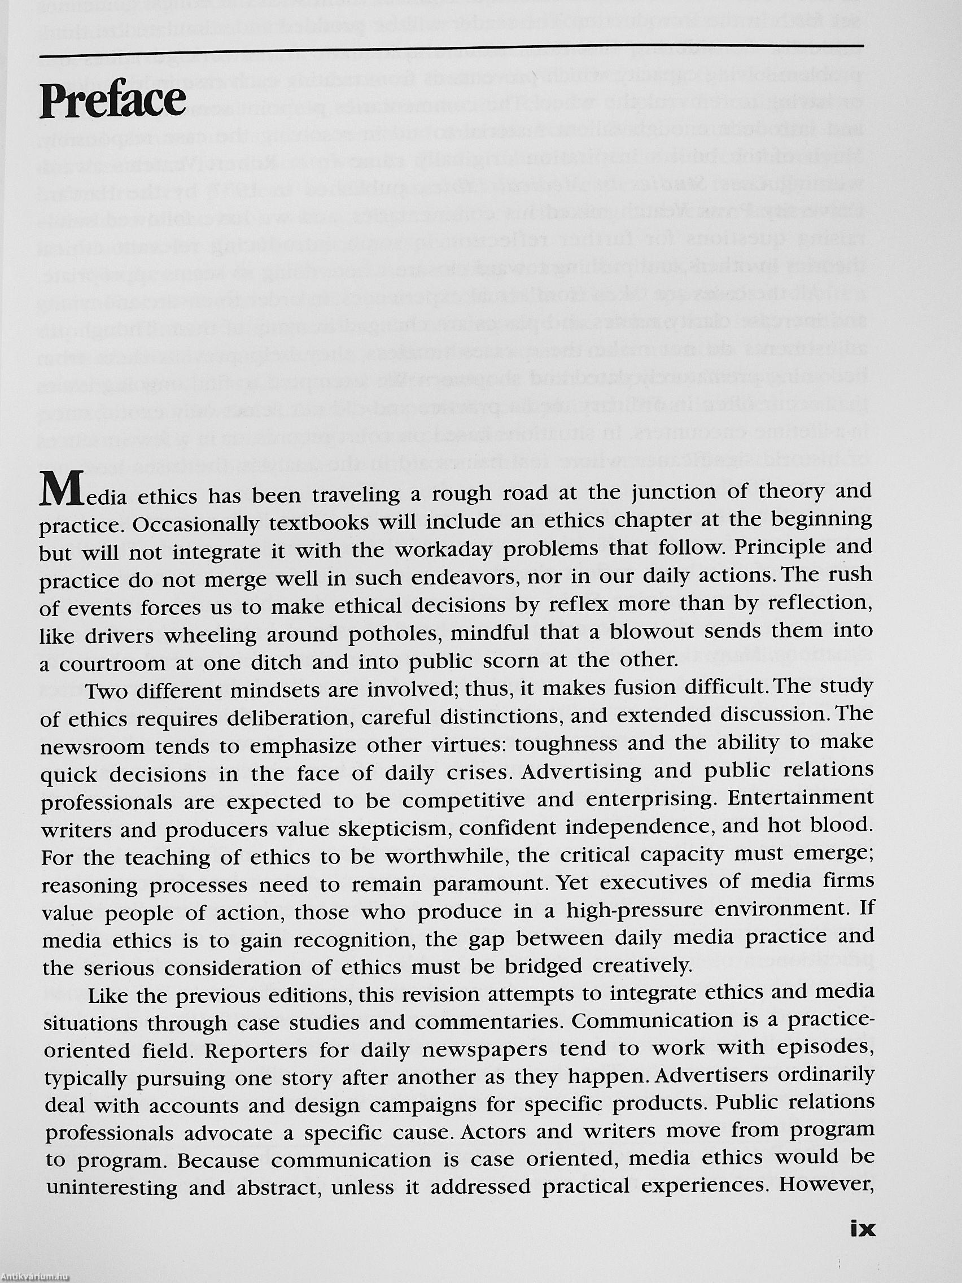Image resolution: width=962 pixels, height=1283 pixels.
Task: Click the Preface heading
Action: [113, 100]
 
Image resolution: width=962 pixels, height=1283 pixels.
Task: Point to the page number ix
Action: [862, 1212]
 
